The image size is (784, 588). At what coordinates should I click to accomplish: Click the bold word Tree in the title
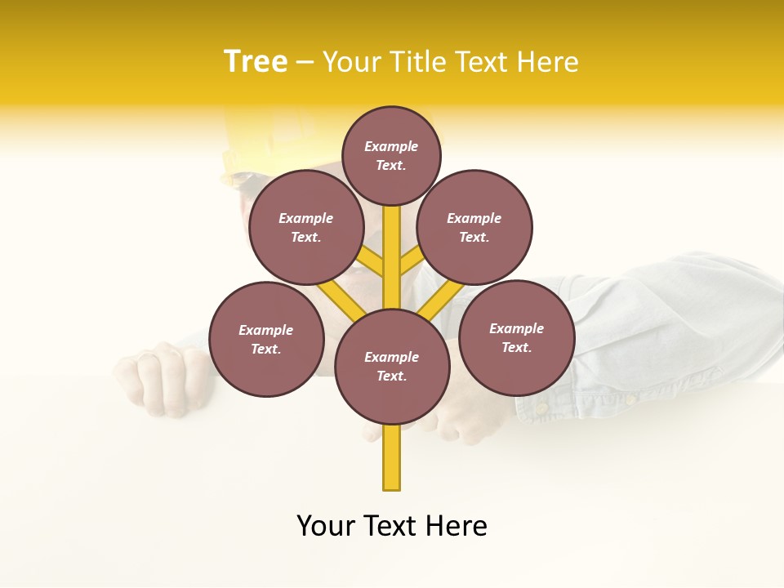(256, 62)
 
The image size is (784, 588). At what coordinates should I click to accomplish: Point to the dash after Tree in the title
(305, 63)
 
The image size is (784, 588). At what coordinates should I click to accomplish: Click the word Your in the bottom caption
(326, 526)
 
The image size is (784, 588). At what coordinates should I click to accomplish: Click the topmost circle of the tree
(391, 155)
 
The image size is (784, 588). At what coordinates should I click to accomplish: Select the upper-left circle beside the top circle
(306, 227)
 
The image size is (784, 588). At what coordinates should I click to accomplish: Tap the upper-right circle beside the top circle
(474, 227)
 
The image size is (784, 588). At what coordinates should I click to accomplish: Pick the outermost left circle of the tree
(266, 339)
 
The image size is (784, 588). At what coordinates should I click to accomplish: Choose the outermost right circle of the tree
(516, 337)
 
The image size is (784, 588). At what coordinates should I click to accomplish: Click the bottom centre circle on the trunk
(392, 366)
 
